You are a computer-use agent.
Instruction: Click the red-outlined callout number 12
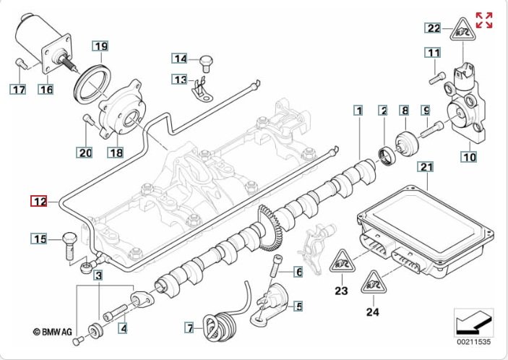(x=39, y=201)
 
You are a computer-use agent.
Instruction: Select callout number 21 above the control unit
(x=426, y=167)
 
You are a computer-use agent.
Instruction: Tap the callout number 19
(x=100, y=46)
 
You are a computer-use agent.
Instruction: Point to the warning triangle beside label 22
(x=462, y=30)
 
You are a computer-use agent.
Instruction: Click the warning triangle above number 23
(x=342, y=261)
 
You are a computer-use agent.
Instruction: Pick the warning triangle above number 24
(x=373, y=282)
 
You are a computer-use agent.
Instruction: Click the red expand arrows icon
(x=484, y=20)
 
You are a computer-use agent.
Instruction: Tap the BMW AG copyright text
(x=53, y=332)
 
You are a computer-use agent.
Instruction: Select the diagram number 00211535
(x=473, y=342)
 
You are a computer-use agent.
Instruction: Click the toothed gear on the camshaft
(x=269, y=228)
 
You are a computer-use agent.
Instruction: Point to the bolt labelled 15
(x=69, y=245)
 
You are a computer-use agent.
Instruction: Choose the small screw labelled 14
(x=205, y=63)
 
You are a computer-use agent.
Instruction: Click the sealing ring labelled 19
(x=92, y=84)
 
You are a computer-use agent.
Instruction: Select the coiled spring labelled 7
(x=218, y=327)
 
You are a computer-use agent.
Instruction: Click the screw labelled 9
(x=432, y=129)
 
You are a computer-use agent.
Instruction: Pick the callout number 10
(x=469, y=157)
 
